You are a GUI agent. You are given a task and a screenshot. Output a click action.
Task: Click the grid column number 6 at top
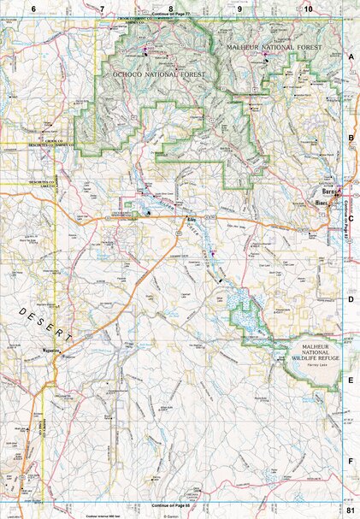pos(33,8)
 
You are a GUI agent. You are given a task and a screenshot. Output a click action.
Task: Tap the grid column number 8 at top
pos(170,8)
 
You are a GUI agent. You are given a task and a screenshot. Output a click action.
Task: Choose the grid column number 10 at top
pos(307,8)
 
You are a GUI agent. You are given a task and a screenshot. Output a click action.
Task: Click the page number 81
pos(351,510)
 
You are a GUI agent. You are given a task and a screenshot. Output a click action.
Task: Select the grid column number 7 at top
pos(102,8)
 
